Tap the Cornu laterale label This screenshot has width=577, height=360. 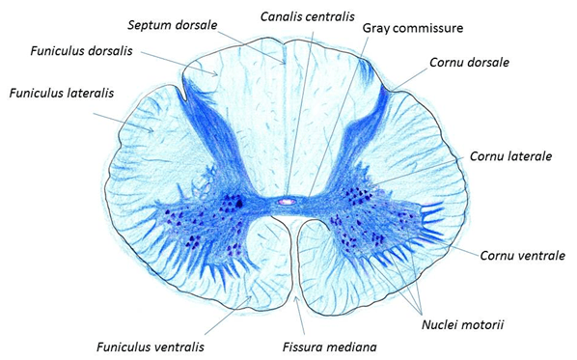pyautogui.click(x=508, y=155)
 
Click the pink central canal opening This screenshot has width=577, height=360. pyautogui.click(x=287, y=203)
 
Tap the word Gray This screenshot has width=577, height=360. pyautogui.click(x=379, y=27)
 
